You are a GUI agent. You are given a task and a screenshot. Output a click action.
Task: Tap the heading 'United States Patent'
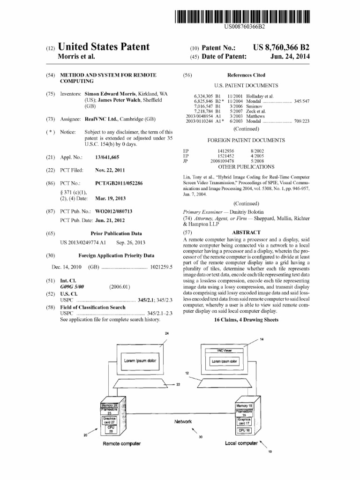coord(104,47)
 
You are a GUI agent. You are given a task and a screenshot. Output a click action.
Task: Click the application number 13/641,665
coord(107,157)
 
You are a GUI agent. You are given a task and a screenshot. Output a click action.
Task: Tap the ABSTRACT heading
coord(246,232)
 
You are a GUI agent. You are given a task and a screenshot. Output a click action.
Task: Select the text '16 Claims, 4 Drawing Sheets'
coord(246,320)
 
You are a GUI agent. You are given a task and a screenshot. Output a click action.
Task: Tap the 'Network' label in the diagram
coord(183,421)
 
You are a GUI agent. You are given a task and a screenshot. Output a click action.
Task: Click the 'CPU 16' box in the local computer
coord(244,429)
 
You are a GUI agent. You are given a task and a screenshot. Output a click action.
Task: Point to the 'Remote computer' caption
coord(122,443)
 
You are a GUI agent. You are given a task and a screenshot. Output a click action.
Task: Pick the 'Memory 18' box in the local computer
coord(244,405)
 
